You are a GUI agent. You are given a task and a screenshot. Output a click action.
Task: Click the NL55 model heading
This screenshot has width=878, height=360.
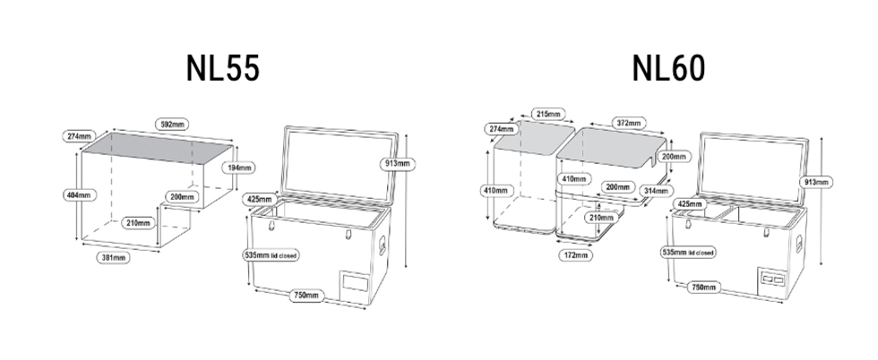tap(223, 68)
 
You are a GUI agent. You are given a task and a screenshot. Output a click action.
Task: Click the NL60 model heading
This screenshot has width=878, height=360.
tap(667, 68)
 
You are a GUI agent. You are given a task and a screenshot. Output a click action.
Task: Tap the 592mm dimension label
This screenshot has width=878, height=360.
tap(172, 124)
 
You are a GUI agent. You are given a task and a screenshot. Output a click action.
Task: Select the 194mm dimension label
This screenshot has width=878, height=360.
tap(239, 167)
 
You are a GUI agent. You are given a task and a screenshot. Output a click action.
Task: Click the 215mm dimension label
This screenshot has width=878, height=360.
tap(547, 114)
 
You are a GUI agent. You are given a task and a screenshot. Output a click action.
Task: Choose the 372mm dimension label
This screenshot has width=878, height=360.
tap(628, 123)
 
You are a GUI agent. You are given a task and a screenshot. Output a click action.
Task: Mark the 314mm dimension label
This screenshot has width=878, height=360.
tap(656, 190)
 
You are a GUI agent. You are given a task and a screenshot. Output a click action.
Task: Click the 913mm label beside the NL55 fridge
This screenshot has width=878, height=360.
tap(397, 164)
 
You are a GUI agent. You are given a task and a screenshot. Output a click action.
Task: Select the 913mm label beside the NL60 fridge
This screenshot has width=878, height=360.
tap(817, 182)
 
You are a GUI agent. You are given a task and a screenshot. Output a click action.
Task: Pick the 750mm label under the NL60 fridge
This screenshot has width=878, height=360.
tap(703, 288)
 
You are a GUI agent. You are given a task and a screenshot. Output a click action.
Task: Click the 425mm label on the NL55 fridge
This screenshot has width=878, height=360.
tap(261, 198)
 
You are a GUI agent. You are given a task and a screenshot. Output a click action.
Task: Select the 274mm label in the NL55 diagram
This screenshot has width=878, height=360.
tap(79, 136)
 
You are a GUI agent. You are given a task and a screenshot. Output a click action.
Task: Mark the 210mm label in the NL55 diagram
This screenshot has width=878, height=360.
tap(137, 222)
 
